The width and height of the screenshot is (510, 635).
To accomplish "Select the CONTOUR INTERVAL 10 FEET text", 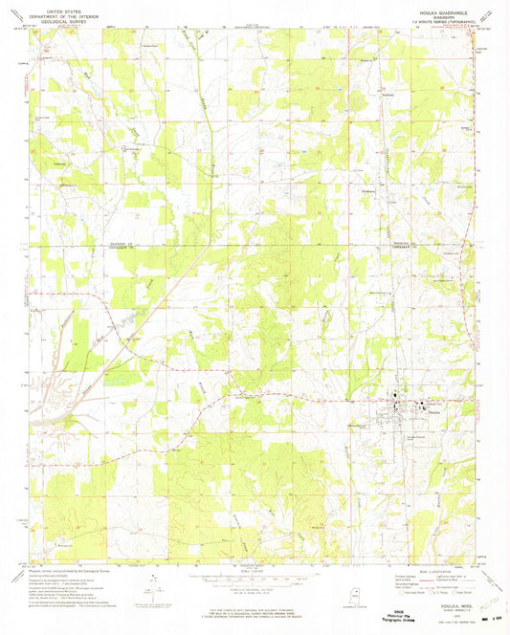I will [254, 588].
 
